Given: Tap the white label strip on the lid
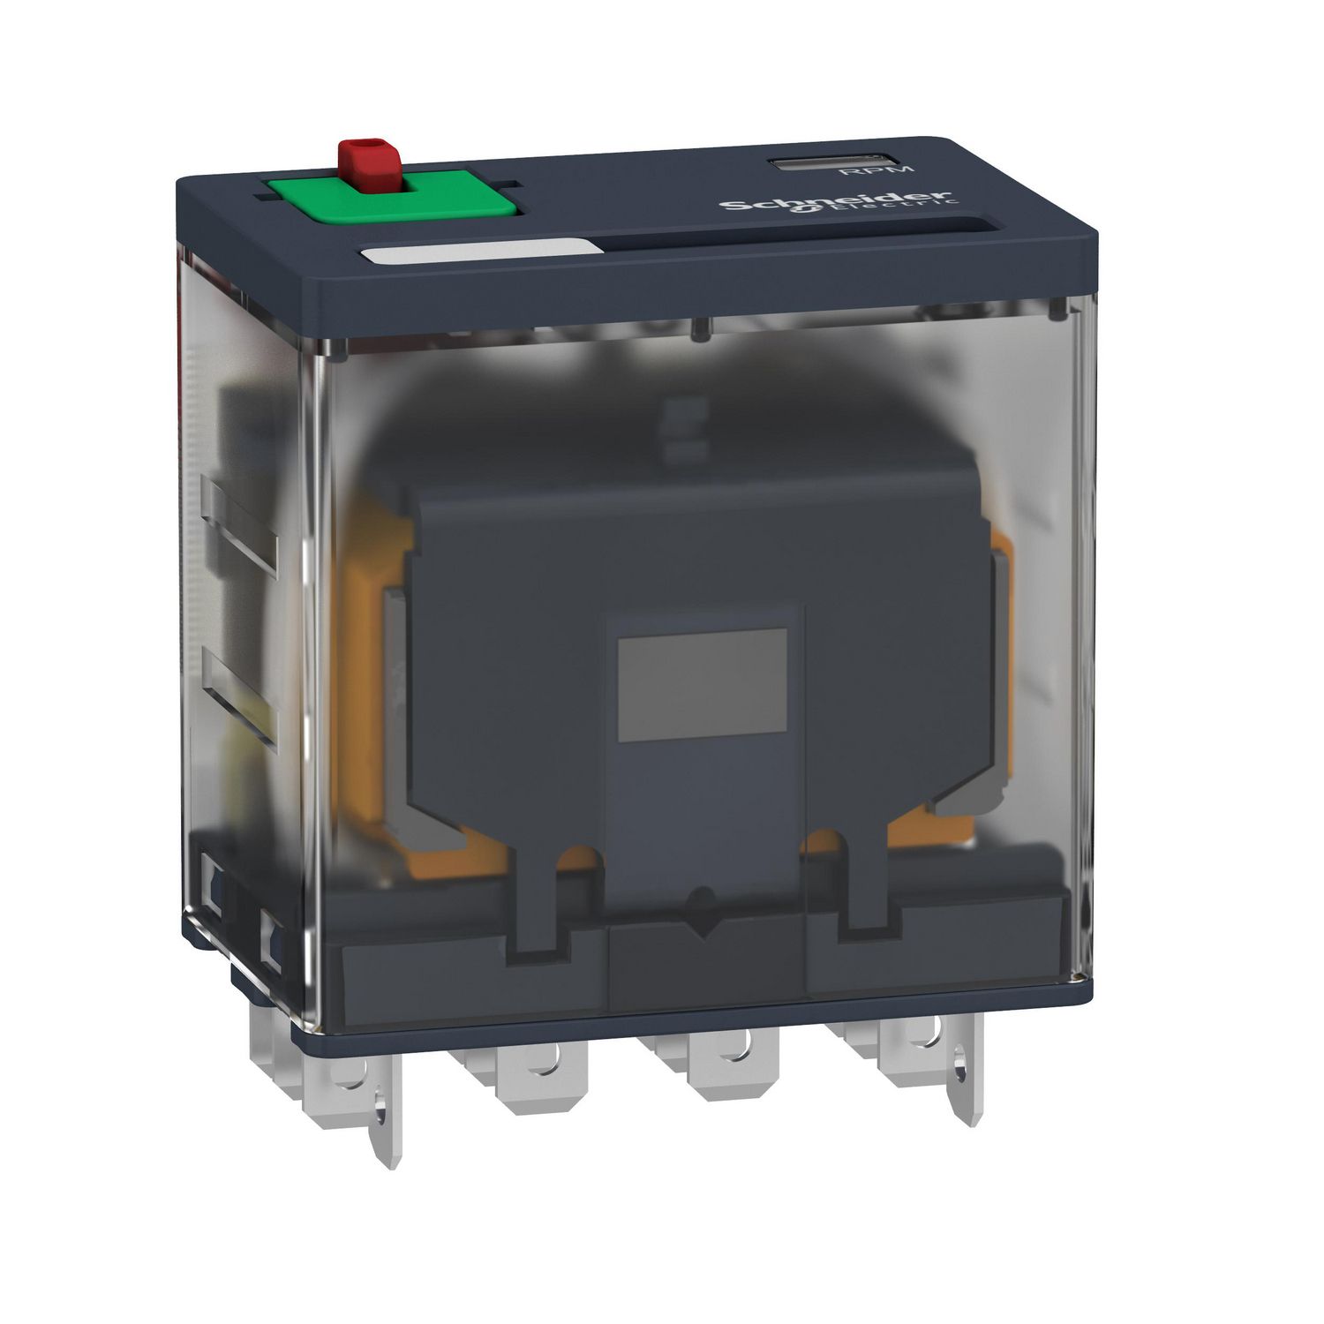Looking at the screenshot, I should [478, 253].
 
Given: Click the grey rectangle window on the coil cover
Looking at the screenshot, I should [702, 684].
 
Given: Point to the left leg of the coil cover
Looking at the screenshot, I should [535, 909].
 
